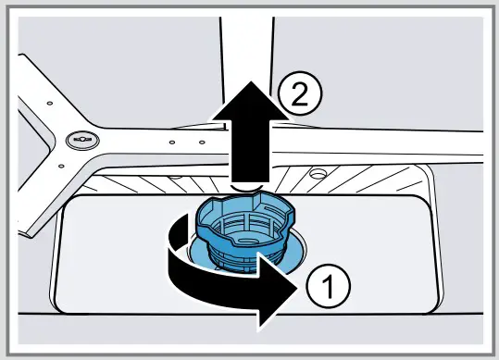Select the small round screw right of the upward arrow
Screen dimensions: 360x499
318,172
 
